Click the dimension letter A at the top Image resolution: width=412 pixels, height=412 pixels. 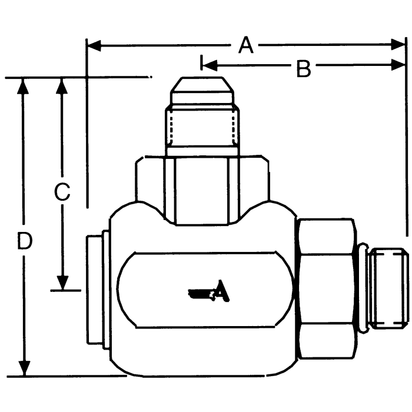[246, 45]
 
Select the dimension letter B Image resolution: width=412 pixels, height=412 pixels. [303, 69]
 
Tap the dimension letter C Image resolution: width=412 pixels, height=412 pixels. [62, 192]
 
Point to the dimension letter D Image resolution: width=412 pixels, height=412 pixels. [24, 241]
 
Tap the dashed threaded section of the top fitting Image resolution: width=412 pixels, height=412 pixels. [204, 127]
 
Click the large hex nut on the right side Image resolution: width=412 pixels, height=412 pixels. [327, 287]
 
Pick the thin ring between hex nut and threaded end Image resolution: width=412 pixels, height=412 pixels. [364, 287]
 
